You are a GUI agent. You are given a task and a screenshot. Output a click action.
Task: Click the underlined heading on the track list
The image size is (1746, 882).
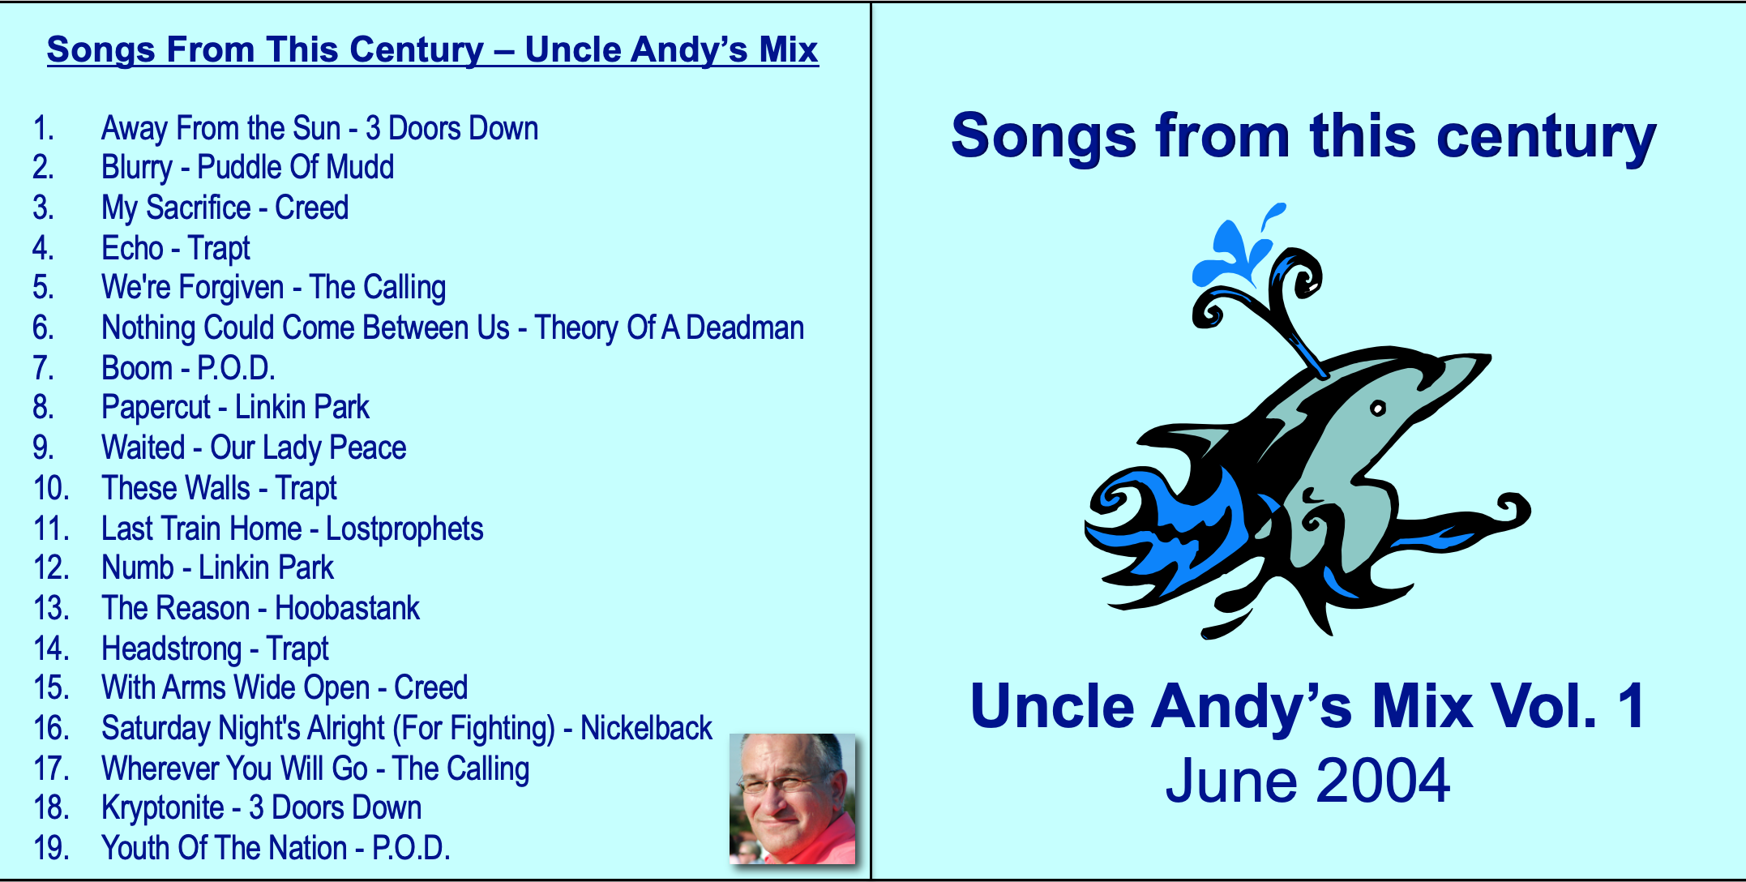(433, 50)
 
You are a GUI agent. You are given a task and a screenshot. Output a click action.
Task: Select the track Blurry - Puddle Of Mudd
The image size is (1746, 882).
(247, 168)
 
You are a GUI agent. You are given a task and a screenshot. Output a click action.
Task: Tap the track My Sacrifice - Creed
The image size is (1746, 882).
(225, 208)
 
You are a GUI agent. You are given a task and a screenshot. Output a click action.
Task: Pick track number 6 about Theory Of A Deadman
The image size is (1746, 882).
(452, 328)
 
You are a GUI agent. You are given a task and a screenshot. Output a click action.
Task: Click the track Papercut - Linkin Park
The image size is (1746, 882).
(235, 408)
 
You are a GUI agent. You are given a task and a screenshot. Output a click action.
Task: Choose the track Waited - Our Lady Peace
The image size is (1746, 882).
(254, 448)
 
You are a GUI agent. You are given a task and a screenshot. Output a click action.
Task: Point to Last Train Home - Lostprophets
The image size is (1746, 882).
(292, 529)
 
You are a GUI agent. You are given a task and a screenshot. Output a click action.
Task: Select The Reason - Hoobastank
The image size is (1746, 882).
(260, 609)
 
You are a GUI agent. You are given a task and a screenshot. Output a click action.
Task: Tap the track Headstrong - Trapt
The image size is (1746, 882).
(215, 649)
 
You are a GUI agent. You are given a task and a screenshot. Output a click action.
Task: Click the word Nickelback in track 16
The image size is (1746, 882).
(646, 729)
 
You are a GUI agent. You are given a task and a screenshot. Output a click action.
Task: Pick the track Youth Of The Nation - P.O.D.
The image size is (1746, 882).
(276, 849)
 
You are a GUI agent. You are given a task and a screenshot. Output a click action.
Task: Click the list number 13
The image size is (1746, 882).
(51, 609)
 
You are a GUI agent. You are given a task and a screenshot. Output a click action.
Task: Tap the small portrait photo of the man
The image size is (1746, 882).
(792, 799)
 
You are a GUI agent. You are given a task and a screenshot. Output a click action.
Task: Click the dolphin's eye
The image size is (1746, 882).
(1377, 409)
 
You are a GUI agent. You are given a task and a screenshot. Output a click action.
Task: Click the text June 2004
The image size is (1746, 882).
(1307, 781)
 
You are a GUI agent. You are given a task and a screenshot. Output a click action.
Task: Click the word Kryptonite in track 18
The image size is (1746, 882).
(163, 808)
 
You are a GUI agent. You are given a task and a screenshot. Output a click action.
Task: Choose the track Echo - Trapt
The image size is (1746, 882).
(176, 249)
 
